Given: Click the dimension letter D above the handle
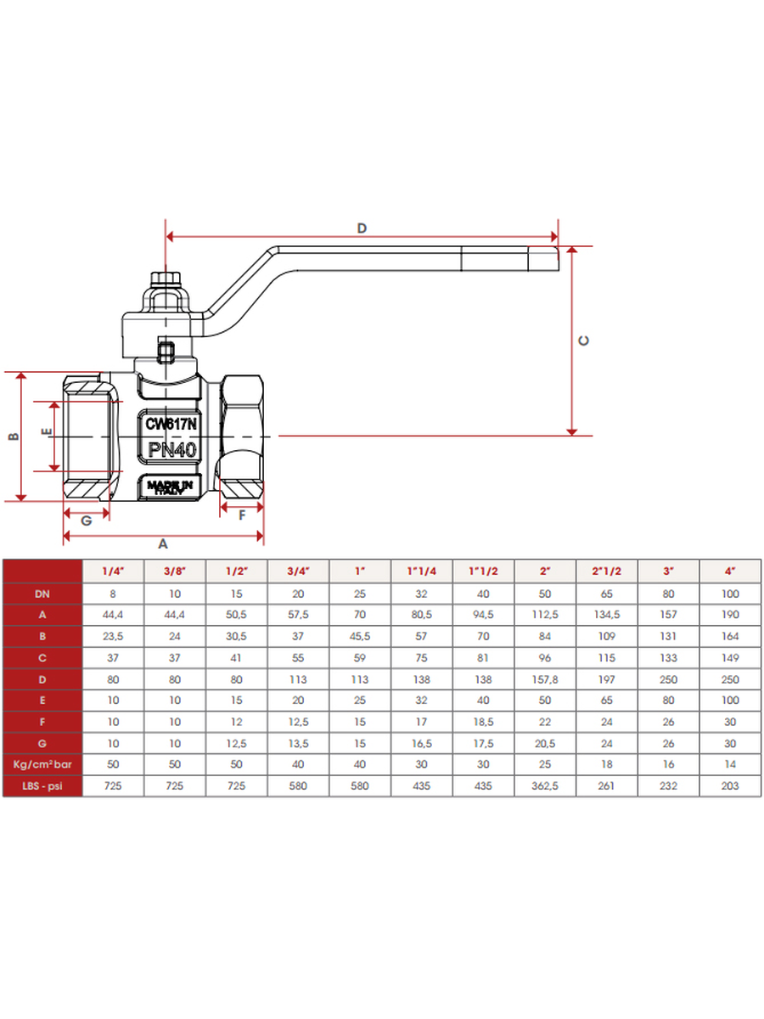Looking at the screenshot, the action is coord(362,228).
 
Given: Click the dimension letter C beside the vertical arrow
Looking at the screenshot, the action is coord(584,341).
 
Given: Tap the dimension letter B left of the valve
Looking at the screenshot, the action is coord(13,436).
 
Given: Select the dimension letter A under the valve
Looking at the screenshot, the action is coord(164,543).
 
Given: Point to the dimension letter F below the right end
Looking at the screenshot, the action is coord(242,515).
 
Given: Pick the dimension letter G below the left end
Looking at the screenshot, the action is coord(86,521).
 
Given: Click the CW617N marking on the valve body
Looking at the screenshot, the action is coord(171,423).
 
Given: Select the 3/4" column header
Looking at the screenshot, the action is coord(299,571).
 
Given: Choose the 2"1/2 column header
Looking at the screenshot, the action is coord(607,571).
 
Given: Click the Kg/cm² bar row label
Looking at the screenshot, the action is coord(42,765).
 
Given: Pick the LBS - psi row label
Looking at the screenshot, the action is coord(42,786).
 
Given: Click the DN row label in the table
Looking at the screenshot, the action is coord(42,594).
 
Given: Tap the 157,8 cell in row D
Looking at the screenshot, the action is coord(545,679).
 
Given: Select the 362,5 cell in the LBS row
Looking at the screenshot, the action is coord(545,786).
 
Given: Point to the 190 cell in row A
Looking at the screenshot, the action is coord(730,615).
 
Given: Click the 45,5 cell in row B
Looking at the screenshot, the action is coord(361,636).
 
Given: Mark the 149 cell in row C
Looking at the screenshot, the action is coord(730,658).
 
